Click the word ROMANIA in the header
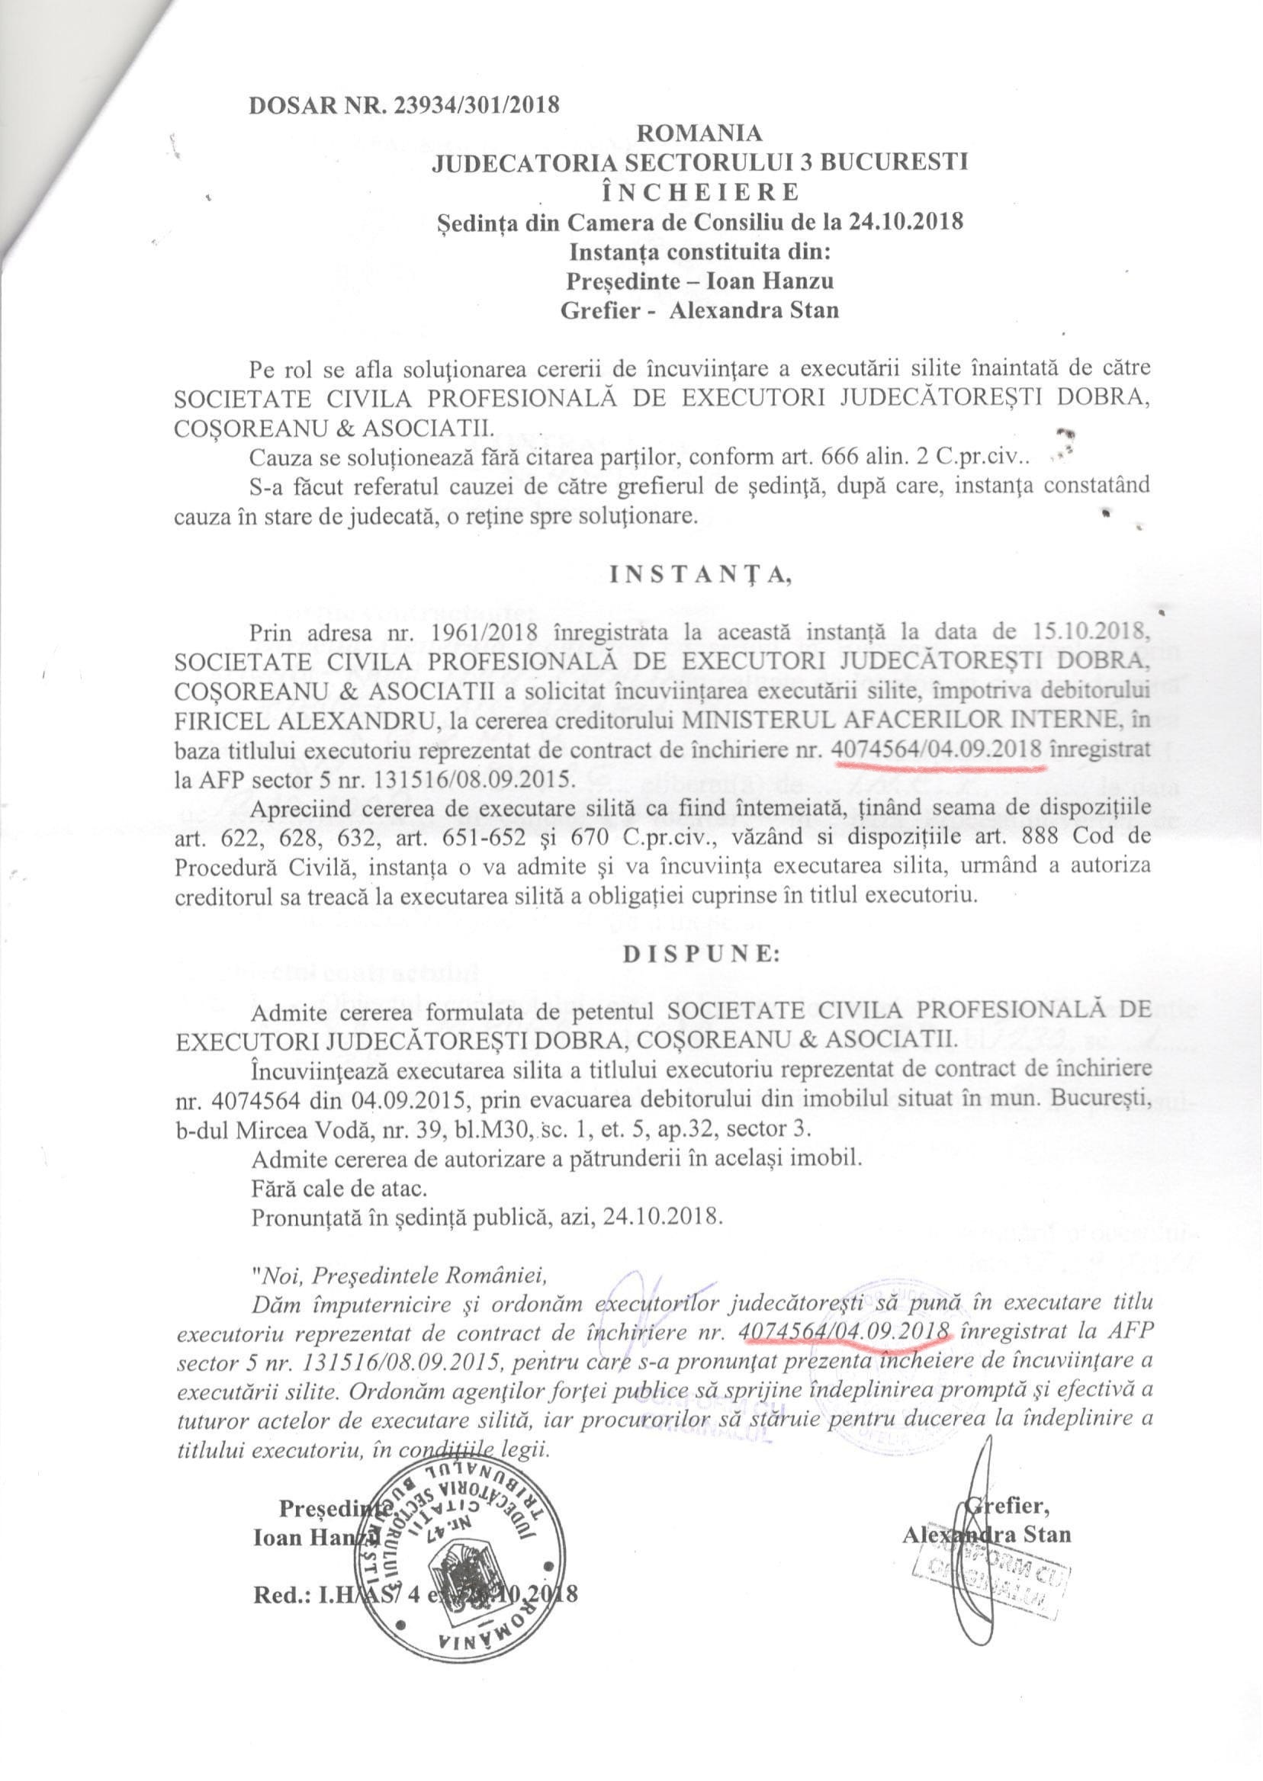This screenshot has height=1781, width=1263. click(699, 133)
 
